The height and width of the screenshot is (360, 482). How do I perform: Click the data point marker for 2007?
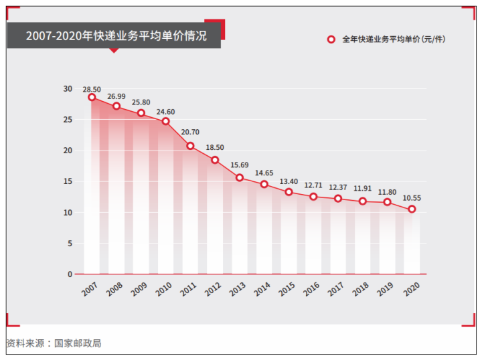click(92, 98)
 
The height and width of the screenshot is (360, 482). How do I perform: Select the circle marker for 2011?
click(190, 146)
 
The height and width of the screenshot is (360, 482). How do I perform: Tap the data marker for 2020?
click(412, 209)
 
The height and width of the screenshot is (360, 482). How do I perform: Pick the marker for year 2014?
click(264, 184)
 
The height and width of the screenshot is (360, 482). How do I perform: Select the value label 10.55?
click(412, 198)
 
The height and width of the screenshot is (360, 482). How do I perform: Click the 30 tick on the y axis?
click(68, 89)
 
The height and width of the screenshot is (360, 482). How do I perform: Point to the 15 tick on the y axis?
click(68, 181)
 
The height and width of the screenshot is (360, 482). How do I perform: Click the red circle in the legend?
click(331, 39)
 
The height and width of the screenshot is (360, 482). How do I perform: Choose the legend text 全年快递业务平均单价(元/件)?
click(393, 39)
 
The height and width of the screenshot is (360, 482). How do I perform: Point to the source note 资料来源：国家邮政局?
click(54, 343)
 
